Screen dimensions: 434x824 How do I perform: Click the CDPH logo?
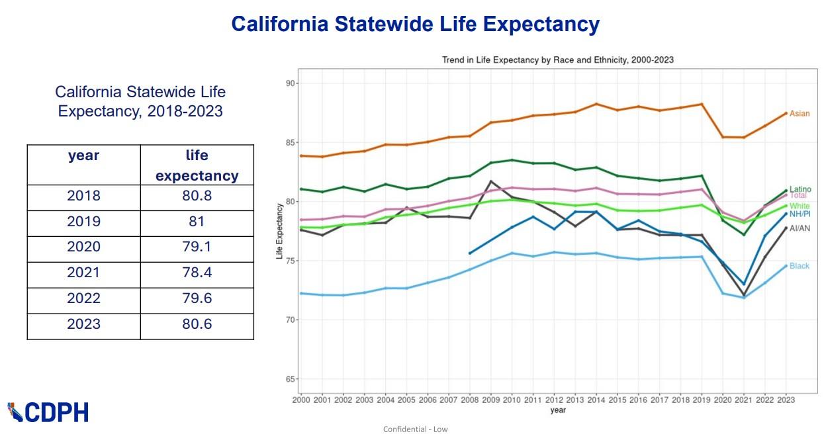coord(48,412)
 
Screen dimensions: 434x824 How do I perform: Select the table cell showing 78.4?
coord(197,272)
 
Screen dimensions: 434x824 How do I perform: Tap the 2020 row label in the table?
coord(83,247)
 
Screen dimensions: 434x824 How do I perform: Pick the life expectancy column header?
coord(197,165)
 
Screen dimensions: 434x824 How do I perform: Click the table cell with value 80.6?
coord(197,324)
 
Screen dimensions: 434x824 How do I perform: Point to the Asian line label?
coord(799,114)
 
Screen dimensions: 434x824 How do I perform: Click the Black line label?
coord(799,266)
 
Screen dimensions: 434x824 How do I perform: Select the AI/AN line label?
coord(800,228)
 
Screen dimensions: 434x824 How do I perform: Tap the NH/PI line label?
coord(800,214)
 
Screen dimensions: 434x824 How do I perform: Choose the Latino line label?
coord(800,190)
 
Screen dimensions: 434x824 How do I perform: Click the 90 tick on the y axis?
coord(290,83)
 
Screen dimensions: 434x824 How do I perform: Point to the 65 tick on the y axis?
coord(290,379)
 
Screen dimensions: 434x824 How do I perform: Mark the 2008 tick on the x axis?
coord(469,400)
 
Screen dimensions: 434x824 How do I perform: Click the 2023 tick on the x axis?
coord(786,400)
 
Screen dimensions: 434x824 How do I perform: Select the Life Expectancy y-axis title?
coord(280,231)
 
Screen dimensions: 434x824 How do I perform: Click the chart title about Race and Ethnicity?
coord(557,60)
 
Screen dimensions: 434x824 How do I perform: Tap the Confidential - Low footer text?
coord(415,429)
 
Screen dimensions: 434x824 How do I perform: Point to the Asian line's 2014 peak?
coord(596,104)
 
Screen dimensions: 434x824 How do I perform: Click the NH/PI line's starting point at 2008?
coord(469,253)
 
